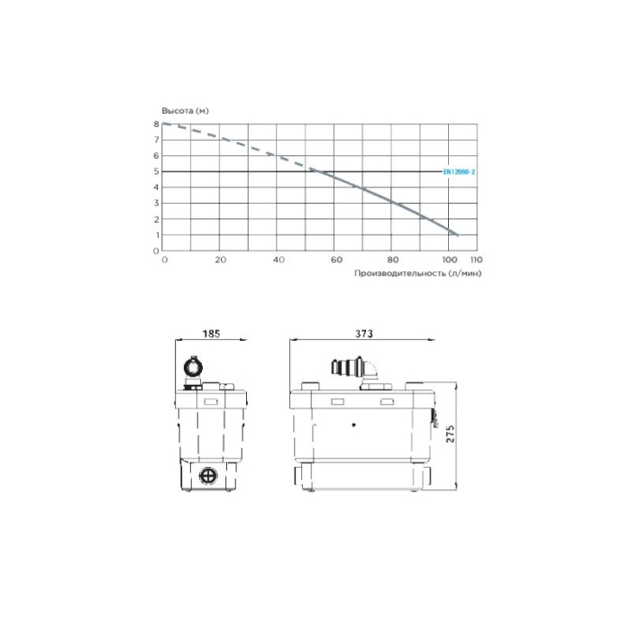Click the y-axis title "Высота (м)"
185,111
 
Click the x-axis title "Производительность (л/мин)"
417,273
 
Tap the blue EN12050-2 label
459,172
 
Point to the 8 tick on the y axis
156,124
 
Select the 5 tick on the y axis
156,171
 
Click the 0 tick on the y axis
156,251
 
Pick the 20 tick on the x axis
221,260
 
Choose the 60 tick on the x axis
336,260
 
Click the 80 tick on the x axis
393,260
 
